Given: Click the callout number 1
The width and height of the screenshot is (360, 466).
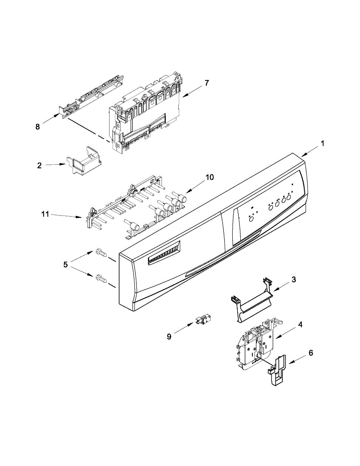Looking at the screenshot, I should tap(322, 143).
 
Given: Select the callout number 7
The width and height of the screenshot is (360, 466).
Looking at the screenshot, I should tap(207, 83).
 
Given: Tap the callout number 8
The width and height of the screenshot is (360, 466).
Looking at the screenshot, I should tap(38, 127).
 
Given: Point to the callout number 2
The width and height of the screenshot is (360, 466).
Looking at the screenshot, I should tap(39, 165).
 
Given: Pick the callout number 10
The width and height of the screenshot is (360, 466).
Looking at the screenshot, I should tap(209, 177).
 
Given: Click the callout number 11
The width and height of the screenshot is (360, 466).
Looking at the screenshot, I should tap(45, 214).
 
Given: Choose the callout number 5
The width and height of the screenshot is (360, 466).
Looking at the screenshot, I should tap(65, 264).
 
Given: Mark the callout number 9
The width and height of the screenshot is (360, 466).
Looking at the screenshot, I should tap(169, 337).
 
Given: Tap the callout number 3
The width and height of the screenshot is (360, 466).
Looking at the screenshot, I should tap(294, 279).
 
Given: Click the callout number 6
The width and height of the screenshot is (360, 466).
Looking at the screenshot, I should tap(311, 353).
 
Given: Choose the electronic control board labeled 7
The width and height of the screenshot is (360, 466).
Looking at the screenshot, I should tap(146, 113).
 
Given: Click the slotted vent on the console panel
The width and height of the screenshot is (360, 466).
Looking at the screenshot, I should tap(164, 255).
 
